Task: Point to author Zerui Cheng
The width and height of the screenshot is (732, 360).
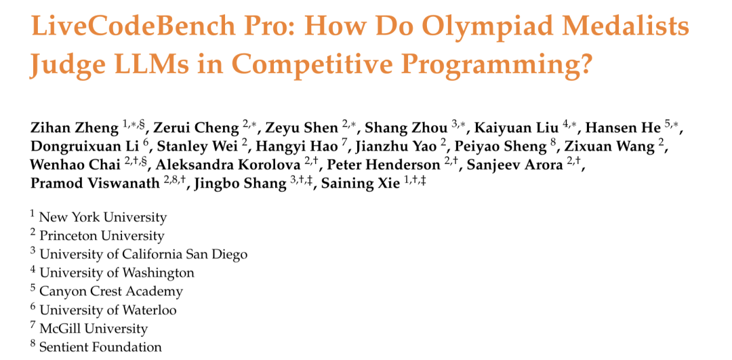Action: [x=196, y=127]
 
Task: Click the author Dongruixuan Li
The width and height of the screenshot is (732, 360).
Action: [x=86, y=146]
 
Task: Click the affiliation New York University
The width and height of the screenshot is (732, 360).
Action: [x=103, y=217]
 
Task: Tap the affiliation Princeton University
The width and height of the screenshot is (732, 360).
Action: [x=102, y=236]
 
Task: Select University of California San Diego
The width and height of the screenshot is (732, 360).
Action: [x=143, y=254]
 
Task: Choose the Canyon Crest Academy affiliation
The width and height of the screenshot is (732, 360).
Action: [x=111, y=292]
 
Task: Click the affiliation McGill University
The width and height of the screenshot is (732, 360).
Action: [x=94, y=329]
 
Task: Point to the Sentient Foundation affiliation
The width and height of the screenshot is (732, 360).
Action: [x=100, y=347]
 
